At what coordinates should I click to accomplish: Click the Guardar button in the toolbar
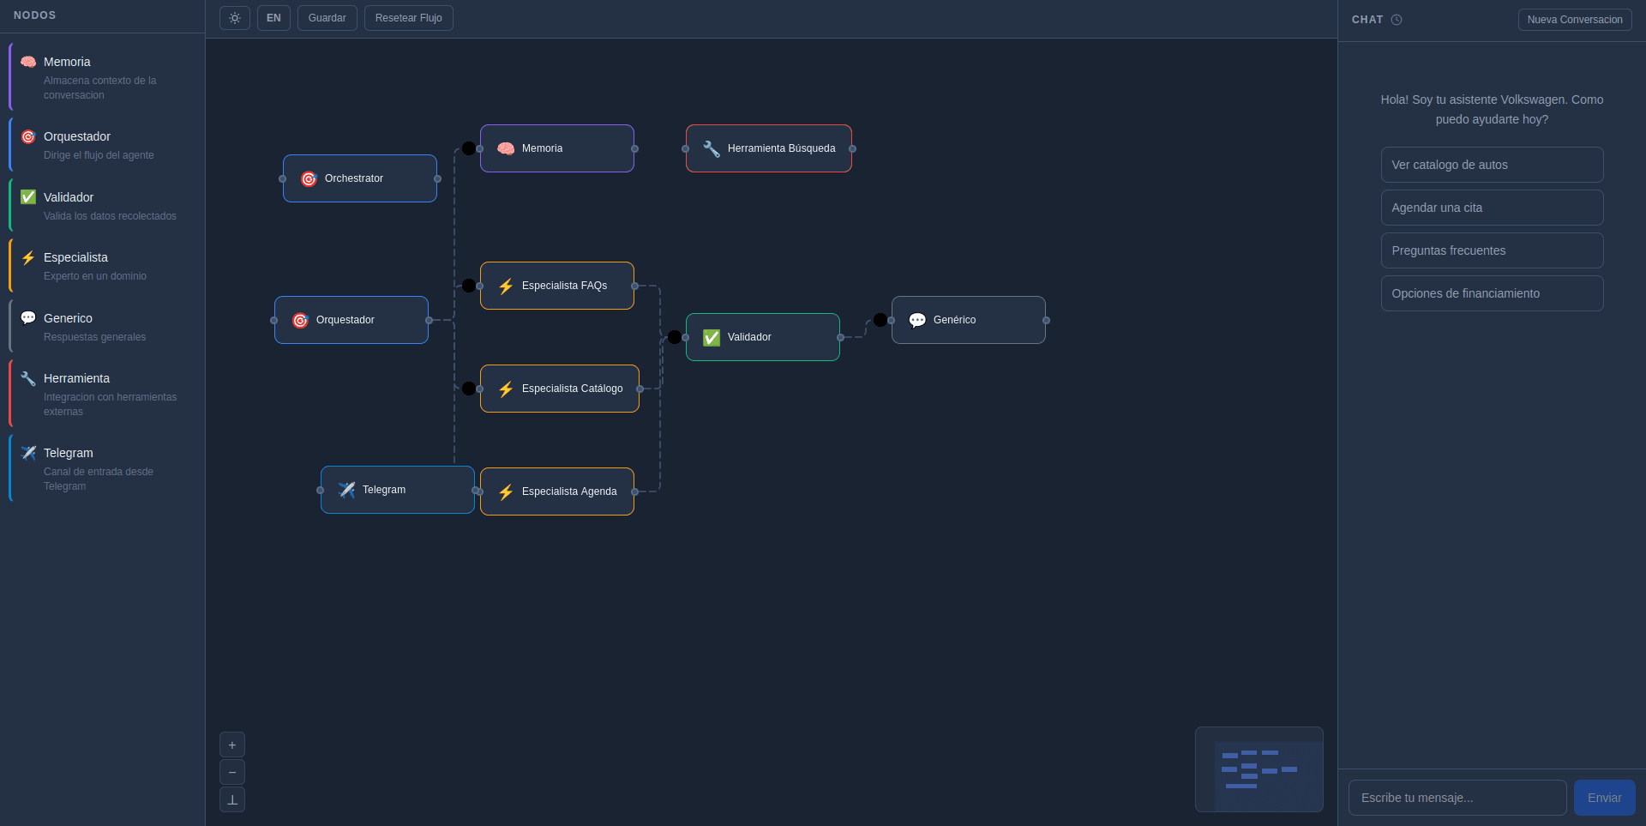327,18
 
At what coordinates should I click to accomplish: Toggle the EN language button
273,18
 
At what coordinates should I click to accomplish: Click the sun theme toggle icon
235,18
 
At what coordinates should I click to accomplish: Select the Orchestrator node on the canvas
360,178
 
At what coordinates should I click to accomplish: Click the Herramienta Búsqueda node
769,148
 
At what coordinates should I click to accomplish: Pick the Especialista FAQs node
557,286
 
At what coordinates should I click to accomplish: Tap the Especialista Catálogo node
560,389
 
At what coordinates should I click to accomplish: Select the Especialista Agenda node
557,491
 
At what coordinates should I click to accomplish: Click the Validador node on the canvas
763,337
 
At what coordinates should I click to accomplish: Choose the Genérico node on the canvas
969,320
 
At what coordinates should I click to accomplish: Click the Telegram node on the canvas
398,490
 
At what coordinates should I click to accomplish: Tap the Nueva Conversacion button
1574,20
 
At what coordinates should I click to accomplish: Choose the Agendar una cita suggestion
1492,208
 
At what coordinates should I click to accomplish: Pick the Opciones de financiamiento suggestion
1492,293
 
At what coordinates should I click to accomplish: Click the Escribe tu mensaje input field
1457,798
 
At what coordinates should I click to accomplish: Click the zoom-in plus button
232,745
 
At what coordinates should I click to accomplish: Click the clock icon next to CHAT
1397,20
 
